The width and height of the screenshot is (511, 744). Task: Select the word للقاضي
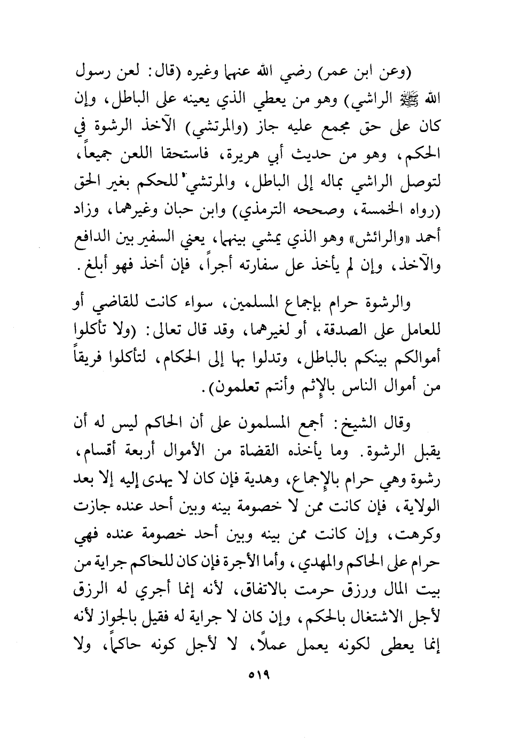[x=129, y=305]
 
